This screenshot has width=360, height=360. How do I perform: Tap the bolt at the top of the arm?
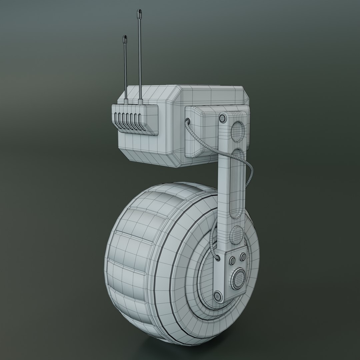[222, 118]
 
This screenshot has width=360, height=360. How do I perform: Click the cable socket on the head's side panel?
[187, 120]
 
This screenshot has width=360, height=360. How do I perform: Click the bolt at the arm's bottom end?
[217, 295]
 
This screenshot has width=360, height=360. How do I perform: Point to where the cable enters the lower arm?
[217, 258]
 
